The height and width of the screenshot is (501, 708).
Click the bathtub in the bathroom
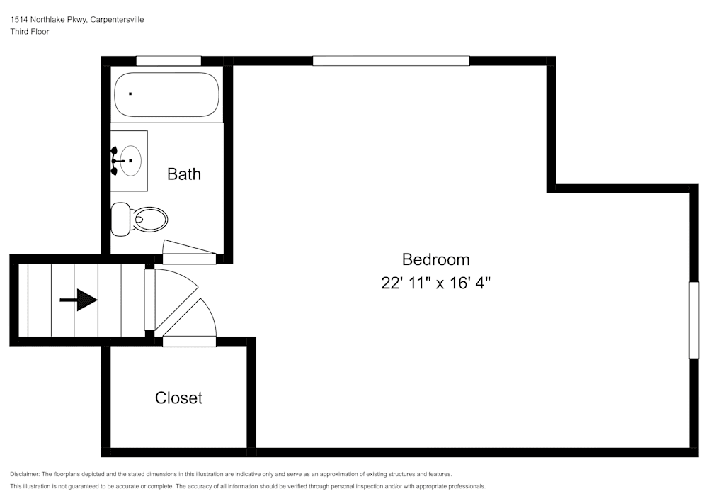point(166,94)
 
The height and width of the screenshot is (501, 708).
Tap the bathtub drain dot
point(130,94)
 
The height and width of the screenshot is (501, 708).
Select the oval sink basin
point(130,161)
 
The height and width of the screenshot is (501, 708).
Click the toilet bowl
point(150,219)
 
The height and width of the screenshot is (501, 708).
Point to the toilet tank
point(120,219)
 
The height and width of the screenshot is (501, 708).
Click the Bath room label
point(184,174)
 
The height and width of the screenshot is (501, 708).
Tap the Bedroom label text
point(435,259)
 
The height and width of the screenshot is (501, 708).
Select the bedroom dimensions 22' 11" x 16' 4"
point(435,283)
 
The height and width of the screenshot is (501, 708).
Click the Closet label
point(178,398)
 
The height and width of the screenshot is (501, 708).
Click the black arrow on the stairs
point(79,300)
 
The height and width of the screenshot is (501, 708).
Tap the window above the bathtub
point(168,61)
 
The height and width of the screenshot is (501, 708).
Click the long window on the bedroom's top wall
point(391,61)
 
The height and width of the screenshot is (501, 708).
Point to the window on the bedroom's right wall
point(694,320)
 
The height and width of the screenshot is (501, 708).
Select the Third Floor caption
point(30,32)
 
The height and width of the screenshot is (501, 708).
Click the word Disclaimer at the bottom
point(25,474)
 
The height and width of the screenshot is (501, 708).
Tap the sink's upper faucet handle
point(114,150)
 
